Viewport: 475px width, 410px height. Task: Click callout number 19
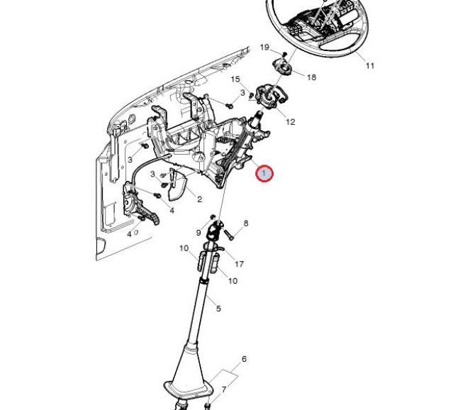264,48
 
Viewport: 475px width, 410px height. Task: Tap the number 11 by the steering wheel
369,66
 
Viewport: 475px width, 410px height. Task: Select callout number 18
311,77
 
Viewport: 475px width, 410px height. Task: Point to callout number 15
235,79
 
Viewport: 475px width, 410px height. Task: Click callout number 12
290,122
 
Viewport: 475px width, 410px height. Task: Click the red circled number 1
264,173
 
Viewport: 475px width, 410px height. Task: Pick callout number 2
199,199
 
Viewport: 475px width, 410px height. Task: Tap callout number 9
199,233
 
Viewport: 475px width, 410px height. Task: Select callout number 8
246,223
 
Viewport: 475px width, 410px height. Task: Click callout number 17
239,264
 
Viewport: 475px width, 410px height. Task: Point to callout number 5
218,309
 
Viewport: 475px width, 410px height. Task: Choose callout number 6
245,360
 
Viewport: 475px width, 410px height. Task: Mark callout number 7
224,389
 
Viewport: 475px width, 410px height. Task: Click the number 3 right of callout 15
242,93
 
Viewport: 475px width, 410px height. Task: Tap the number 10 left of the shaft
184,248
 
